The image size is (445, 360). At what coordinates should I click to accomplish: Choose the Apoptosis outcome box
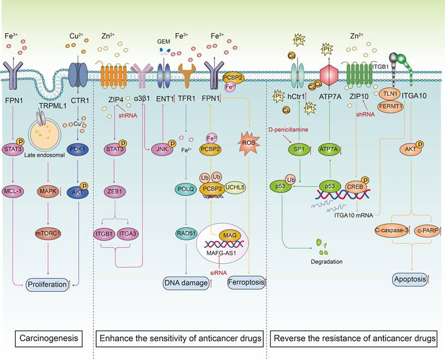410,280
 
